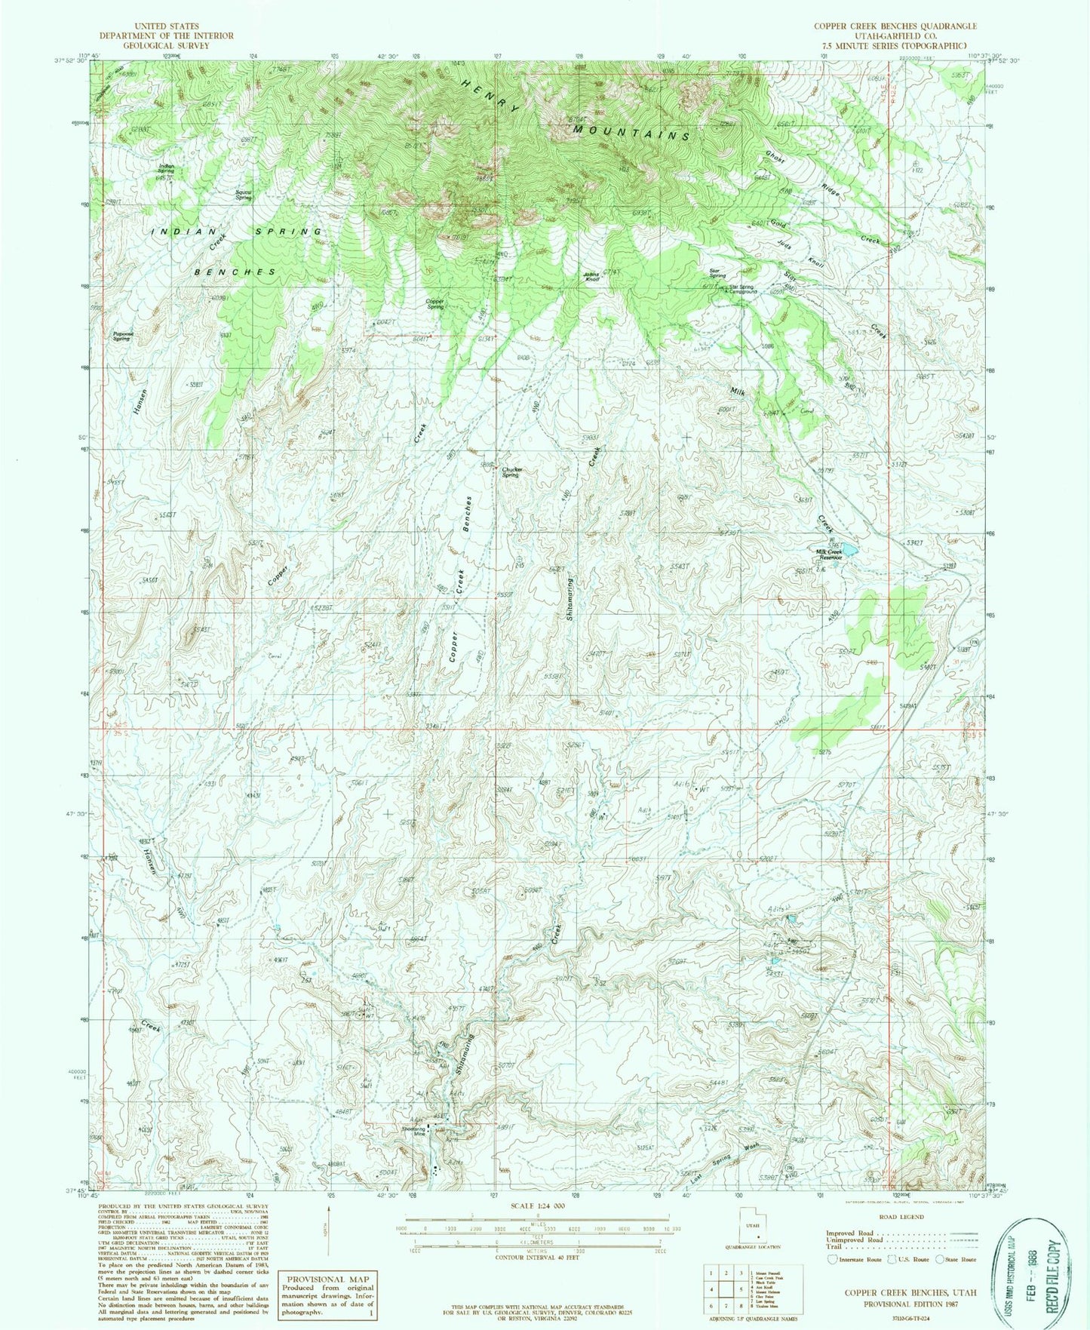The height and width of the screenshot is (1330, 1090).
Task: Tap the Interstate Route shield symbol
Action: coord(832,1260)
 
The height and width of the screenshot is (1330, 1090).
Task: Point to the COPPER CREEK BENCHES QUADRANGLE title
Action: coord(895,26)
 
